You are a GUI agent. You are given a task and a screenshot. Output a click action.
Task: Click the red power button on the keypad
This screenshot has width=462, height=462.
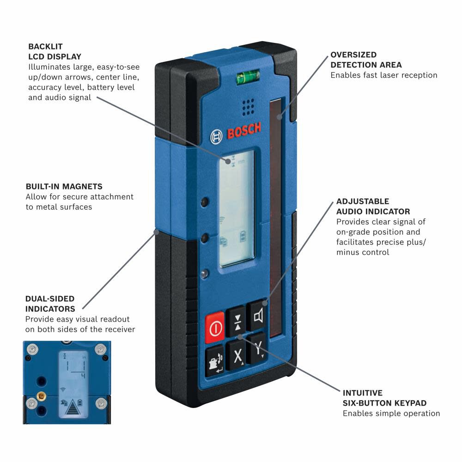pyautogui.click(x=215, y=328)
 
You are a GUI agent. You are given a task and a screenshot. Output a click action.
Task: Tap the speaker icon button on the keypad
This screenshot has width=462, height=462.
pyautogui.click(x=259, y=316)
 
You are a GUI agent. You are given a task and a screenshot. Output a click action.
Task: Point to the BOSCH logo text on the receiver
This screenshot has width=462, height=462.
pyautogui.click(x=243, y=131)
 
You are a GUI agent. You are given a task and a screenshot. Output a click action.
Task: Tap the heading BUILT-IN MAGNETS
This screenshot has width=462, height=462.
pyautogui.click(x=64, y=187)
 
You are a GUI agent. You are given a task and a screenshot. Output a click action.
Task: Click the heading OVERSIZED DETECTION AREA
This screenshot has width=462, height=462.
pyautogui.click(x=366, y=60)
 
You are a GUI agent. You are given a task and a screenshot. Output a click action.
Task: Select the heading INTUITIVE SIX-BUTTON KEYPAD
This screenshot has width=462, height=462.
pyautogui.click(x=384, y=398)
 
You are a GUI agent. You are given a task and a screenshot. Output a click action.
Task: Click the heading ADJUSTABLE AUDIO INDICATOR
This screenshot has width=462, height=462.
pyautogui.click(x=373, y=207)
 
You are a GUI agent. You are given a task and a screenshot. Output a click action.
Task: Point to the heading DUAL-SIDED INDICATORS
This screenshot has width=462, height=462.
pyautogui.click(x=50, y=304)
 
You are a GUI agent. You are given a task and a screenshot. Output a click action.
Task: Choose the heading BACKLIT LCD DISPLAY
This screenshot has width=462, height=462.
pyautogui.click(x=55, y=51)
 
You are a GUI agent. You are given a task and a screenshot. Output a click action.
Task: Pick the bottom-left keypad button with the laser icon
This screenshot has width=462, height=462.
pyautogui.click(x=214, y=361)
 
